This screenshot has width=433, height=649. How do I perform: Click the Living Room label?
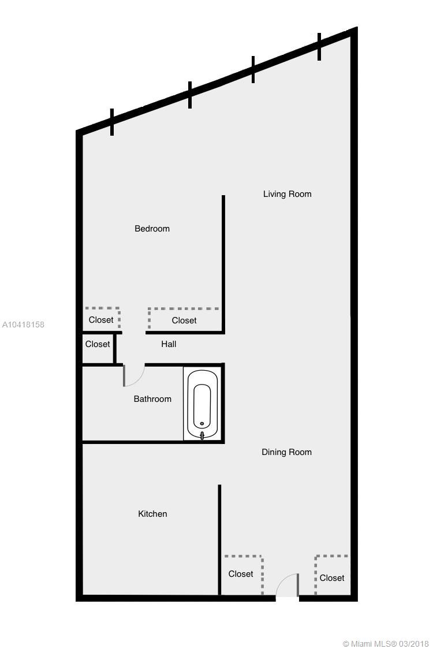pyautogui.click(x=288, y=194)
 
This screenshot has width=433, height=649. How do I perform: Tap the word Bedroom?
pyautogui.click(x=152, y=229)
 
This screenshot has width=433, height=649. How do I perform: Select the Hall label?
pyautogui.click(x=169, y=344)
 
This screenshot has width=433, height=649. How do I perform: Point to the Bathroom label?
pyautogui.click(x=152, y=399)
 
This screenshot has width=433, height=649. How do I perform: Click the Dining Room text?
pyautogui.click(x=286, y=453)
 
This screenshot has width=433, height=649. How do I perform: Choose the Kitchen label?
pyautogui.click(x=152, y=514)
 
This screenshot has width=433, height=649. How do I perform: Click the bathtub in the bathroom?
pyautogui.click(x=202, y=404)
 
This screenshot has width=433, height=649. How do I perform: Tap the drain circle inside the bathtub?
pyautogui.click(x=202, y=424)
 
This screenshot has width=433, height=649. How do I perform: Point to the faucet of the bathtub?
pyautogui.click(x=202, y=435)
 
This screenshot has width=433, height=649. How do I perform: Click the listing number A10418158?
pyautogui.click(x=23, y=324)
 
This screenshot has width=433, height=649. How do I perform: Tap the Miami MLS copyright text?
pyautogui.click(x=386, y=644)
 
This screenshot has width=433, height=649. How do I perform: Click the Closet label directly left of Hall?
pyautogui.click(x=98, y=344)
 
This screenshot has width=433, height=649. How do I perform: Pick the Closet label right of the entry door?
pyautogui.click(x=332, y=578)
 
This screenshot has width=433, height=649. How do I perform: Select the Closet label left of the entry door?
pyautogui.click(x=241, y=574)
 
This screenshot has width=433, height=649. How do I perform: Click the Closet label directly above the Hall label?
pyautogui.click(x=184, y=320)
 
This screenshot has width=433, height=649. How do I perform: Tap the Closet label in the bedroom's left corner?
pyautogui.click(x=101, y=319)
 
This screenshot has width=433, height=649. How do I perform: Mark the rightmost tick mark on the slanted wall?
pyautogui.click(x=319, y=47)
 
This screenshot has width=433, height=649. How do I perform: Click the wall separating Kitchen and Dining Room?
pyautogui.click(x=219, y=540)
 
